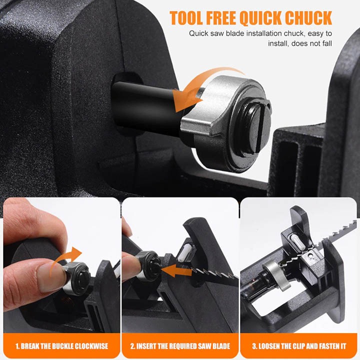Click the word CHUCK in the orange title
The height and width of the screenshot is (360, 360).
pyautogui.click(x=308, y=17)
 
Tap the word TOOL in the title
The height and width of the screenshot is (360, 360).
pyautogui.click(x=185, y=17)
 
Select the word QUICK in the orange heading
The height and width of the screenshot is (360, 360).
pyautogui.click(x=260, y=18)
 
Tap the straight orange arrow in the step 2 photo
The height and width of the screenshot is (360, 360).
pyautogui.click(x=176, y=270)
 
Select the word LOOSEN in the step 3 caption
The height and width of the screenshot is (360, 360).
pyautogui.click(x=269, y=346)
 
